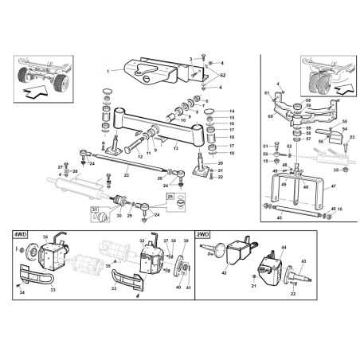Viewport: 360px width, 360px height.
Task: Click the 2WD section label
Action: click(x=203, y=236)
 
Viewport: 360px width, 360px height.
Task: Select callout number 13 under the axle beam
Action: click(x=177, y=148)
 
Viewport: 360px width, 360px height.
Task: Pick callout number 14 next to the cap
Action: click(x=232, y=111)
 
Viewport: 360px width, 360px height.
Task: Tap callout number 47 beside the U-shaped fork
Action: click(x=333, y=186)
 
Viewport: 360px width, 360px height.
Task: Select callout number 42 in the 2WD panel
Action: click(x=224, y=273)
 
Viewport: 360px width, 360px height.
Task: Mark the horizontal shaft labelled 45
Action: click(x=295, y=211)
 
